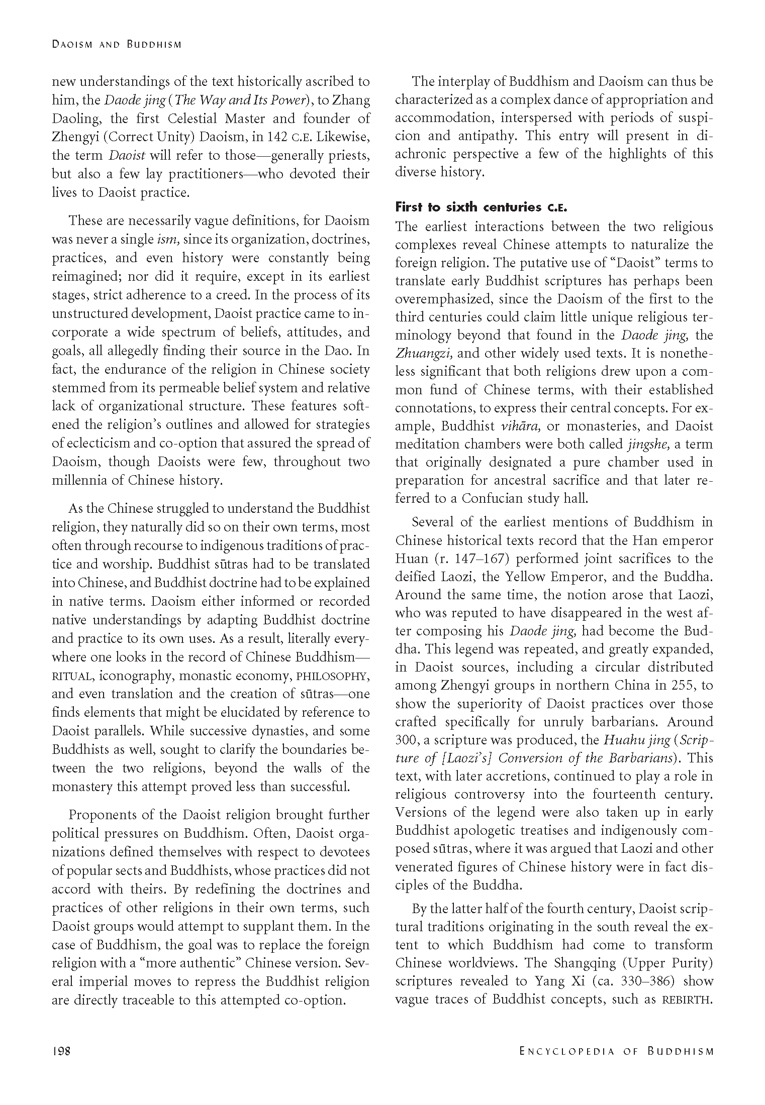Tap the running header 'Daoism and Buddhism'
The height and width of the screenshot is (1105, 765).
(116, 45)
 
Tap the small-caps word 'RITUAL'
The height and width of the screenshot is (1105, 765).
(72, 676)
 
